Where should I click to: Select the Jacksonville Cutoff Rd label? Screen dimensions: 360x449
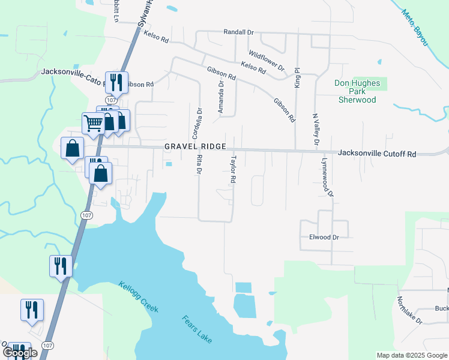click(x=376, y=154)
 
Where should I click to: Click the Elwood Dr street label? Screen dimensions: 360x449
click(x=324, y=237)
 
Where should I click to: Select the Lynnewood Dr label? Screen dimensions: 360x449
click(x=327, y=178)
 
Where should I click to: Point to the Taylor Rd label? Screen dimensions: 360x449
click(x=233, y=170)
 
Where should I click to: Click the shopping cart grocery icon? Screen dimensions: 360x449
click(x=93, y=124)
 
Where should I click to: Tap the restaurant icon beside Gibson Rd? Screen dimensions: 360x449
click(x=115, y=82)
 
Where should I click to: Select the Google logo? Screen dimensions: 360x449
click(x=19, y=352)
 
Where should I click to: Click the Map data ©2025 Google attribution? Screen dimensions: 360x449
click(x=411, y=355)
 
